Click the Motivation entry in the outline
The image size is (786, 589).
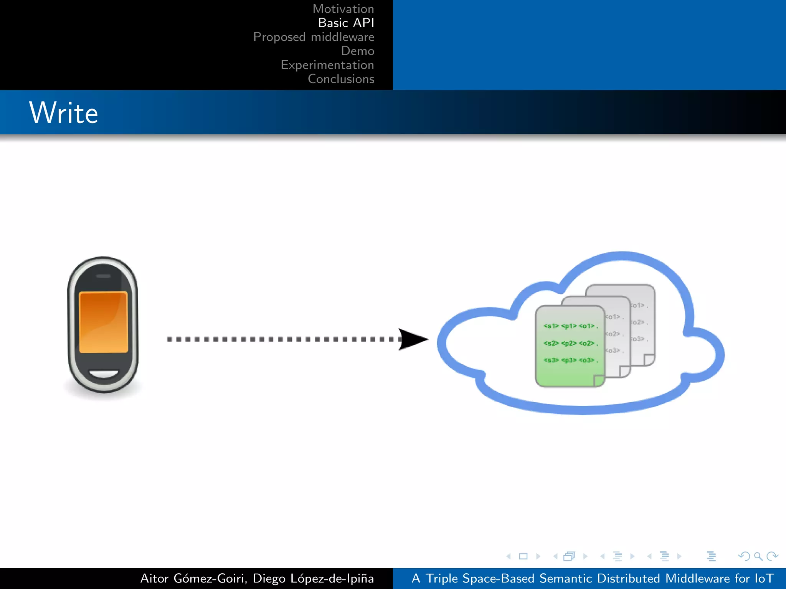tap(343, 9)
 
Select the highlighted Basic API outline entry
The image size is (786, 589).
tap(346, 23)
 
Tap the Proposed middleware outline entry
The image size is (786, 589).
tap(314, 37)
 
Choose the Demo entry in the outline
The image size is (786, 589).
tap(357, 51)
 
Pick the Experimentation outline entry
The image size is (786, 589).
tap(327, 65)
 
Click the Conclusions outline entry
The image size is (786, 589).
tap(341, 79)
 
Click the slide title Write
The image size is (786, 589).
tap(64, 113)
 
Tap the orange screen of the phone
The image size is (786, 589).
tap(103, 321)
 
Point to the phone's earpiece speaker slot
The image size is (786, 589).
tap(103, 276)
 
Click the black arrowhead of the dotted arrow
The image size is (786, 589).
tap(413, 339)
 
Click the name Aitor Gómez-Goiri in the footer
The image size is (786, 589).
tap(193, 578)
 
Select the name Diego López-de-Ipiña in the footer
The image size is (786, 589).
tap(313, 578)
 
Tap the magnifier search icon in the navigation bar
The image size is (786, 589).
tap(758, 556)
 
